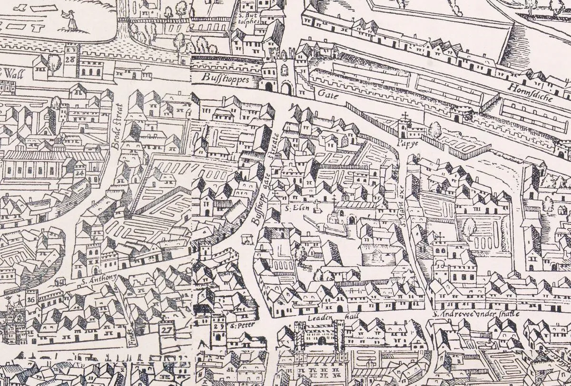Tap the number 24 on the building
79,174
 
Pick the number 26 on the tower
31,299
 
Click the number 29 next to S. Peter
219,327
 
